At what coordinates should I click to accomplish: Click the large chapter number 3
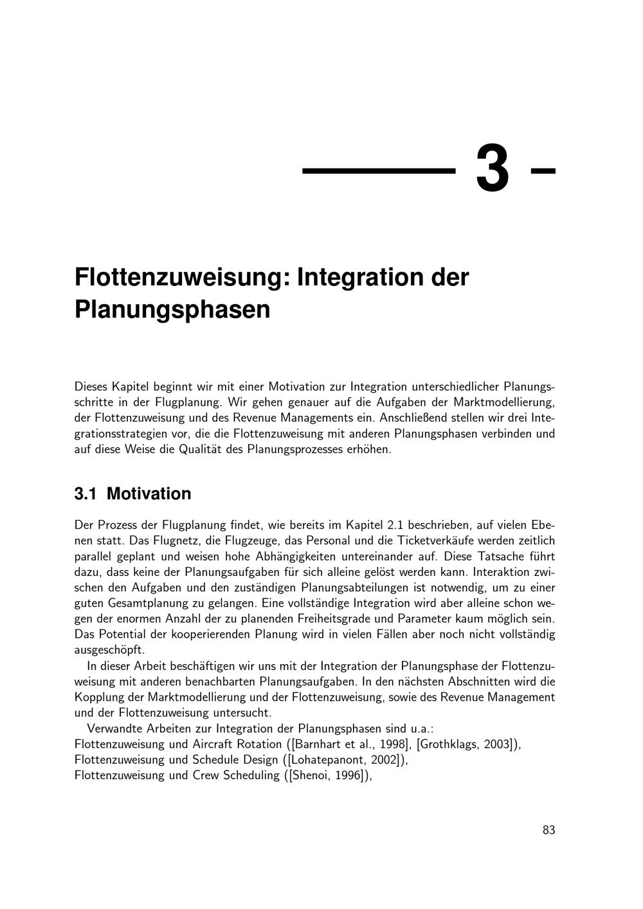(x=493, y=169)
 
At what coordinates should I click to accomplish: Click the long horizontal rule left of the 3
(x=379, y=171)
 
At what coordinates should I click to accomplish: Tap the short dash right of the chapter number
(x=543, y=171)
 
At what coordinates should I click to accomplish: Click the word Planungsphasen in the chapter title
(x=172, y=309)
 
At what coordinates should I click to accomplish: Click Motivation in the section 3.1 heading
(x=149, y=494)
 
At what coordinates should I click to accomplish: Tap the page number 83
(x=548, y=830)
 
